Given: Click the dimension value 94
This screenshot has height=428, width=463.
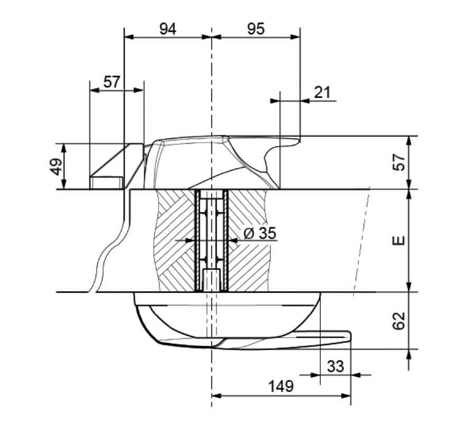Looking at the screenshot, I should [x=168, y=29].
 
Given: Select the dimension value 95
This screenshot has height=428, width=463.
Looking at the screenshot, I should [x=255, y=29].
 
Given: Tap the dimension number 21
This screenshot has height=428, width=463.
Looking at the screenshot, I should [x=322, y=92].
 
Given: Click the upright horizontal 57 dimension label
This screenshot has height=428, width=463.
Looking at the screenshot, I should [x=112, y=82].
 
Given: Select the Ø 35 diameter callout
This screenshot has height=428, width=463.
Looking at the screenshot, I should [x=260, y=233].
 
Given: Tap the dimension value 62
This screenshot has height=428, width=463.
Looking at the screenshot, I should [x=400, y=320].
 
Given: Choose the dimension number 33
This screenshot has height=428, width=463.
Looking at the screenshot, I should [x=336, y=366].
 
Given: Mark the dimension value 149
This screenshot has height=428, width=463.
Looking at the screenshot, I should [x=281, y=386].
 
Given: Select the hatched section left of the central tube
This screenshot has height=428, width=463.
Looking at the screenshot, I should [x=174, y=240].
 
